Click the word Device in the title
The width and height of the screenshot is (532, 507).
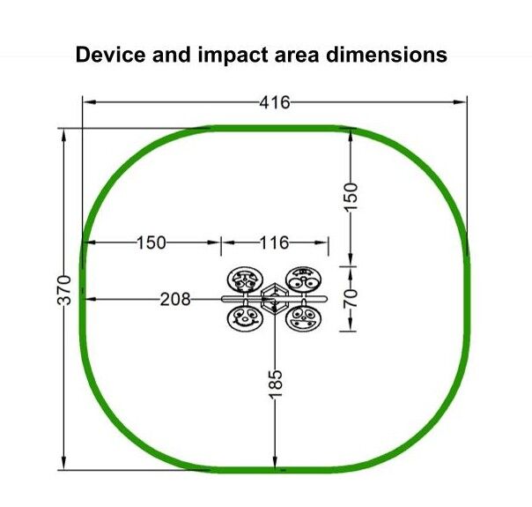111,55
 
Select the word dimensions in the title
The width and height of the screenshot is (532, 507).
387,55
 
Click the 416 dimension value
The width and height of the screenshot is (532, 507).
275,102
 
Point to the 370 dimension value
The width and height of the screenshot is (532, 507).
64,290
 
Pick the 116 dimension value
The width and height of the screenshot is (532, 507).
274,242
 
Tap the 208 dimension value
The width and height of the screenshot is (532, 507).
175,300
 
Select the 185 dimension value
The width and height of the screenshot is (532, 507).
275,384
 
